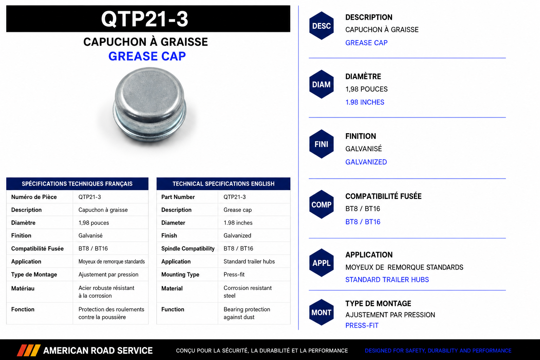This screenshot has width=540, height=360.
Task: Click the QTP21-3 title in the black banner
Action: pos(144,19)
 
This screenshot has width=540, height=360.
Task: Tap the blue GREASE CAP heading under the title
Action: pos(147,56)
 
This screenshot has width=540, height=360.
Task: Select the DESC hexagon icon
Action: pos(321,26)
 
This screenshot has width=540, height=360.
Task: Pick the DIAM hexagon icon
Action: pos(321,84)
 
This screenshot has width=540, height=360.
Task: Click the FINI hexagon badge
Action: pos(321,144)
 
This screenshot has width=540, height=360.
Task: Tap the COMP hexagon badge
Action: pos(321,205)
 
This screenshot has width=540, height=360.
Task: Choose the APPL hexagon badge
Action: pos(321,263)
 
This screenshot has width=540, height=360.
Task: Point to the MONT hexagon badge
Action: pos(321,313)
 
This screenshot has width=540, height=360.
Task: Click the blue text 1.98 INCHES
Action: pos(365,102)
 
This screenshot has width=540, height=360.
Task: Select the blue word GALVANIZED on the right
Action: pos(366,162)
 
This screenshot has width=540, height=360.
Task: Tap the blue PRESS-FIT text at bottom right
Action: pos(362,326)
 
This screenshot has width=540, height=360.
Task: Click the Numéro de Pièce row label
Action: pos(34,197)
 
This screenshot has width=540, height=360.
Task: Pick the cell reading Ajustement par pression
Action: pos(109,275)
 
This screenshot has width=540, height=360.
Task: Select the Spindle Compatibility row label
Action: pos(188,249)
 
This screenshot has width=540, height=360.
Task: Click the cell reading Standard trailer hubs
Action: pos(249,261)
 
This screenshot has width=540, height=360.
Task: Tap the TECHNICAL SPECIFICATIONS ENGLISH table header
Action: pos(224,184)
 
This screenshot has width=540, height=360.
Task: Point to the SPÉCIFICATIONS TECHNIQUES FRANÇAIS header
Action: pos(77,184)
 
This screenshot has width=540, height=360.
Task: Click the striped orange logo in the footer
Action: pos(28,351)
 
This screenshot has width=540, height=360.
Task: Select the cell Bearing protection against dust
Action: pos(246,313)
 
